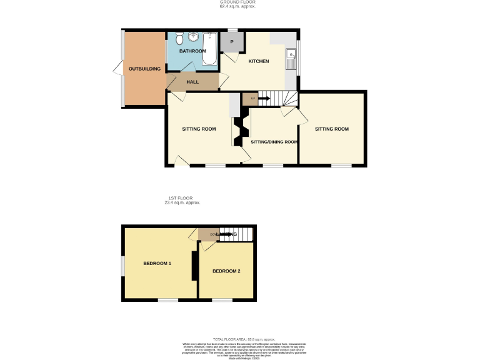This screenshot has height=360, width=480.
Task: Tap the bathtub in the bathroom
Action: (x=209, y=49)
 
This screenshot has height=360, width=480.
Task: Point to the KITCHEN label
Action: (x=259, y=61)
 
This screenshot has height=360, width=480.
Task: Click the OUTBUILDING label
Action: (x=144, y=69)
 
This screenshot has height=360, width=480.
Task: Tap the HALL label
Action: (x=192, y=82)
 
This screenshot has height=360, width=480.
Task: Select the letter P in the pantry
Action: (x=232, y=42)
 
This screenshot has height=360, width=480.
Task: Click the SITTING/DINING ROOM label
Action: (x=274, y=142)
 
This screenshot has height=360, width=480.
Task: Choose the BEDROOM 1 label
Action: (x=157, y=263)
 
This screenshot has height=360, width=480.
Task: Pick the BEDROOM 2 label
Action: (x=226, y=271)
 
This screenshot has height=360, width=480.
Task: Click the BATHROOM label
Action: (x=192, y=51)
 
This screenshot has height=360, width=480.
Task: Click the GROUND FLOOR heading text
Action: (x=237, y=2)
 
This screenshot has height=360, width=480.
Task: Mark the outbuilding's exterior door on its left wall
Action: (x=117, y=69)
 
